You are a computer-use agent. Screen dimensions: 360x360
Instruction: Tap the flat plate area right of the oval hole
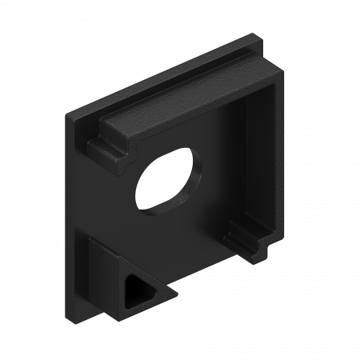coord(220,184)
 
